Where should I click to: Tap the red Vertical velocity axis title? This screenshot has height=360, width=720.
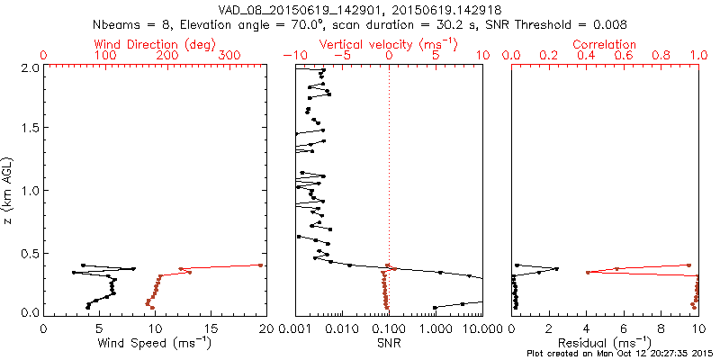coord(388,44)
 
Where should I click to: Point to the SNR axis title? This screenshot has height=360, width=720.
coord(389,342)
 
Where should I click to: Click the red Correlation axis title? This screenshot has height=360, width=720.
coord(605,44)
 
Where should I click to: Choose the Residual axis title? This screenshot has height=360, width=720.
coord(605,342)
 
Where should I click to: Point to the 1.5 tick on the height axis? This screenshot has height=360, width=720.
coord(31,129)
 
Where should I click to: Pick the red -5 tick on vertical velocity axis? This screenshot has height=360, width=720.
coord(341,56)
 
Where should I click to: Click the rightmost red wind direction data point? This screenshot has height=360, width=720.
coord(261,265)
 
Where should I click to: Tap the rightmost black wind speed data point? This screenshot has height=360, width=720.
coord(133,268)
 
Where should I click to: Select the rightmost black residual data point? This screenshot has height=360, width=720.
coord(556,268)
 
